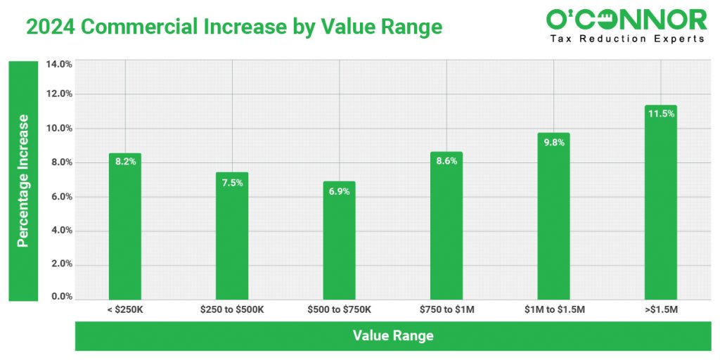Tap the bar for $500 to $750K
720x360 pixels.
tap(339, 243)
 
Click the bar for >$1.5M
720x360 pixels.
tap(661, 204)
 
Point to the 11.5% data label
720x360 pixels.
tap(661, 114)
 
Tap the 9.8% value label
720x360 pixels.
tap(553, 141)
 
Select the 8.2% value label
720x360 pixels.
tap(125, 162)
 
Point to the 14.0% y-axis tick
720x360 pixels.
tap(59, 65)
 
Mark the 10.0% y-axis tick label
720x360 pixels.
tap(59, 129)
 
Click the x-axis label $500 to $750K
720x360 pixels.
tap(339, 309)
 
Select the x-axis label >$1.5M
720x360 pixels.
tap(661, 309)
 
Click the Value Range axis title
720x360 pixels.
tap(393, 336)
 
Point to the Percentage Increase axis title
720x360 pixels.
tap(22, 181)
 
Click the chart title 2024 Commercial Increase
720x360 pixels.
tap(234, 27)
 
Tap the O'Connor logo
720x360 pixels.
tap(626, 25)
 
